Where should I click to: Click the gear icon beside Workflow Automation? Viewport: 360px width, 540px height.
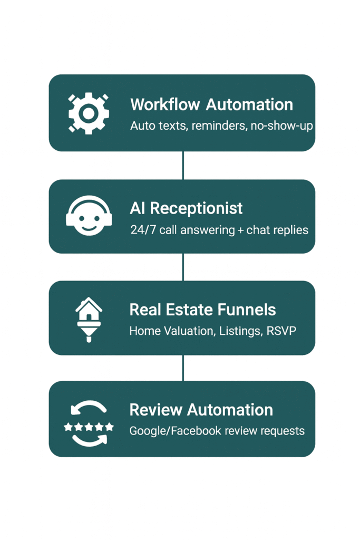point(89,113)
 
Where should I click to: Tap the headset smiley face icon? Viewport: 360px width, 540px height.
point(89,216)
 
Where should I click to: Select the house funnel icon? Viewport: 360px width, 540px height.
point(89,319)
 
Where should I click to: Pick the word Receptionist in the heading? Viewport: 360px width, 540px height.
point(196,208)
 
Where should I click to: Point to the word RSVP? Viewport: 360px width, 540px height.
point(281,332)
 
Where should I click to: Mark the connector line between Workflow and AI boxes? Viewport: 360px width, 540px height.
point(183,165)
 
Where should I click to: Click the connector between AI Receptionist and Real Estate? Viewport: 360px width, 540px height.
point(183,267)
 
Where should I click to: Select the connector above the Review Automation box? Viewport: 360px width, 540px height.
point(183,368)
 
